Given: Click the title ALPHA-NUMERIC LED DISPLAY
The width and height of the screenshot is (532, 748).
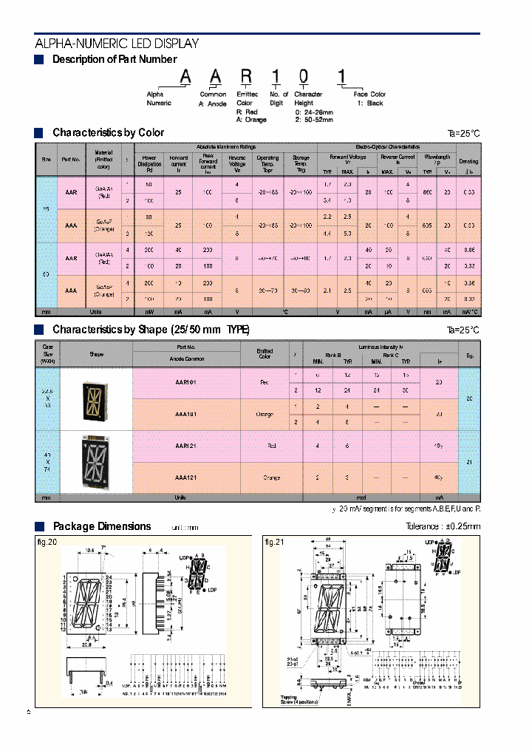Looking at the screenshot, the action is (117, 44).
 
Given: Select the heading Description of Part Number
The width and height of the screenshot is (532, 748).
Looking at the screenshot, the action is (115, 59).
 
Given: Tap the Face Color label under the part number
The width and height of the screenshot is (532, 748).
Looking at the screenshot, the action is (369, 95).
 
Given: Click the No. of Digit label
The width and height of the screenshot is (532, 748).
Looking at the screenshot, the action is (278, 98).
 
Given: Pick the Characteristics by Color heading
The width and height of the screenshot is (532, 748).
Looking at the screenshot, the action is (108, 133).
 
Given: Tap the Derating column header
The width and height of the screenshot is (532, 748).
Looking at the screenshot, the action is (468, 161).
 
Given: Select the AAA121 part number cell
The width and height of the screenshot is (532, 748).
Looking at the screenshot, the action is (185, 478).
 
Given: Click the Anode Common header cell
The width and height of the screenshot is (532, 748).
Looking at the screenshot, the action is (185, 359).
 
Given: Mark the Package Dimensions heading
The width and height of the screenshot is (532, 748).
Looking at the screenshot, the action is (102, 526).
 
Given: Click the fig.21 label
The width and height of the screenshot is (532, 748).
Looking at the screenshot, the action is (274, 542).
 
